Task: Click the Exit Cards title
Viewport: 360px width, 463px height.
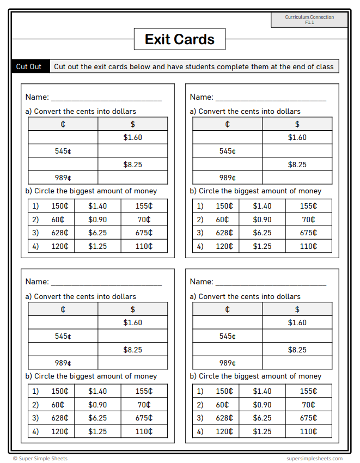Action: [180, 39]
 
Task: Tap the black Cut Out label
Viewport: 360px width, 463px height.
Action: [29, 66]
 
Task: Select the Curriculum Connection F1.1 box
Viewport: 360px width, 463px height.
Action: [309, 20]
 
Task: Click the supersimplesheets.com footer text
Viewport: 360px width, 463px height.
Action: [315, 459]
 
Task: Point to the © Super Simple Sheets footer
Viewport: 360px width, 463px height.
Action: [40, 459]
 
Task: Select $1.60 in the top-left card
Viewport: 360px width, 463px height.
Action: [132, 137]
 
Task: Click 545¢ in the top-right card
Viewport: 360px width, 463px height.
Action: [228, 151]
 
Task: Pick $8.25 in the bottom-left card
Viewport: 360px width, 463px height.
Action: [132, 350]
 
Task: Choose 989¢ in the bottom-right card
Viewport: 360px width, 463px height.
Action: [228, 363]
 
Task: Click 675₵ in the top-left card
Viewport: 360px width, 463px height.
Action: [144, 233]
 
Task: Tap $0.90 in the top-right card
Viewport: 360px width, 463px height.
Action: [263, 220]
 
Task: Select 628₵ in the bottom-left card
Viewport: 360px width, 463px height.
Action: [60, 418]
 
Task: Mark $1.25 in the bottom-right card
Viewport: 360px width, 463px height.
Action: [263, 431]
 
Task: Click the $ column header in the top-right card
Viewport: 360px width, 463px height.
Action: [297, 124]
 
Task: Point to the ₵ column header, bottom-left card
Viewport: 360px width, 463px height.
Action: [63, 309]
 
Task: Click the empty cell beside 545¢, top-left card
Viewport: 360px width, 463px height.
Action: [132, 151]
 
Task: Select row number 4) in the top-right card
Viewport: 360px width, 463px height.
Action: [200, 246]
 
